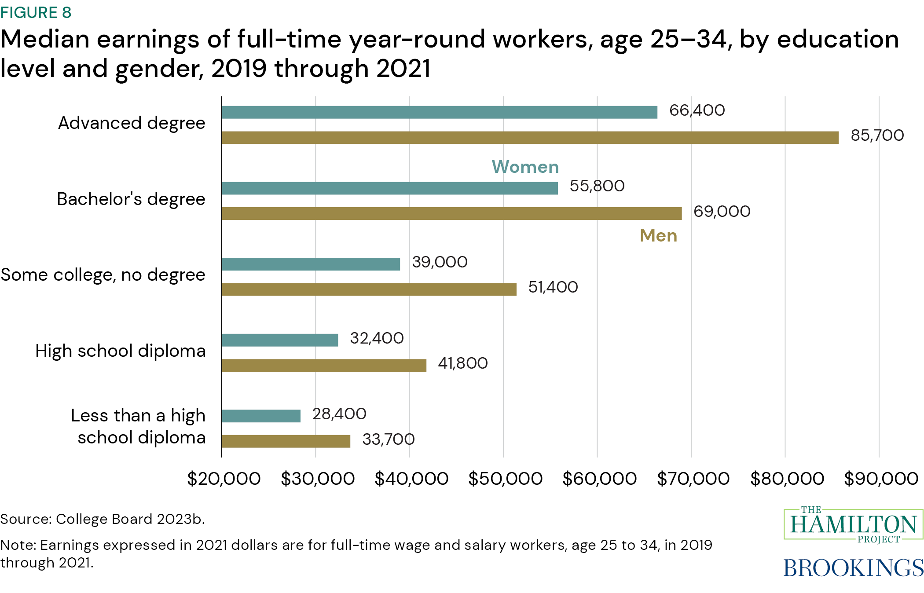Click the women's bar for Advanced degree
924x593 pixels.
(x=439, y=112)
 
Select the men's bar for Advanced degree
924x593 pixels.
(x=530, y=138)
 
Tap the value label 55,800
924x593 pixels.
(x=597, y=186)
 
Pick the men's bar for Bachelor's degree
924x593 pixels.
(x=451, y=213)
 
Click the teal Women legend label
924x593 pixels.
(x=525, y=167)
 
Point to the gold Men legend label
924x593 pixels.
(x=658, y=236)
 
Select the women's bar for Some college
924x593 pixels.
(x=311, y=264)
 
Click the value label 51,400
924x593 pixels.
(x=553, y=287)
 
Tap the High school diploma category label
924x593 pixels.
(x=120, y=351)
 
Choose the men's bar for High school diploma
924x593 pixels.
(x=324, y=365)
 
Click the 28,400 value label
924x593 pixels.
(x=339, y=414)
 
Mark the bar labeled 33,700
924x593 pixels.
(x=286, y=441)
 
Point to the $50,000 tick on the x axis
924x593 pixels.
(x=505, y=479)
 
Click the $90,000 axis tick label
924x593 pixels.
(x=880, y=479)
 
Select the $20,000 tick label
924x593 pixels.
(x=224, y=479)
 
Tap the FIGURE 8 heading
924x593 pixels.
(x=36, y=13)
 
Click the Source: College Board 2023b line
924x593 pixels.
(x=102, y=519)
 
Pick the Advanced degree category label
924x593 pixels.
(x=131, y=123)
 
